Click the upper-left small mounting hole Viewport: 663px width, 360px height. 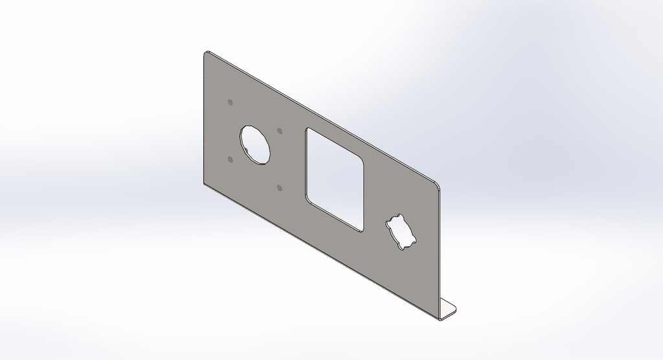pos(230,102)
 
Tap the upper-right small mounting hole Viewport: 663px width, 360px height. pos(280,130)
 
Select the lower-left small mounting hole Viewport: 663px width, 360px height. pos(230,158)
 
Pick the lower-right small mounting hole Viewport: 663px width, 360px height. pos(279,188)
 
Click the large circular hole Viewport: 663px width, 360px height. pos(255,144)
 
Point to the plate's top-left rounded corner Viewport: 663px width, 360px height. pos(206,54)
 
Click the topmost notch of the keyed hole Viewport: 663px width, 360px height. pos(397,216)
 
